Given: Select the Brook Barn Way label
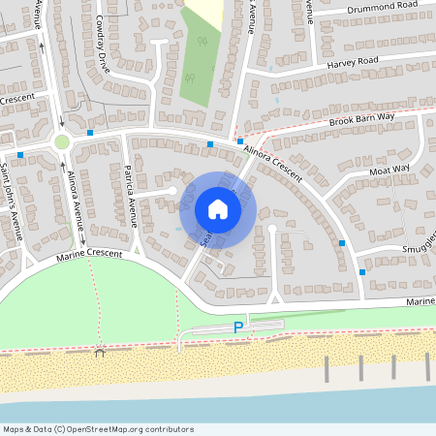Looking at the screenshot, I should tap(360, 118).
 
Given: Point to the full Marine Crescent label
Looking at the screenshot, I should tap(89, 254).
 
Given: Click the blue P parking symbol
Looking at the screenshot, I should tap(237, 328).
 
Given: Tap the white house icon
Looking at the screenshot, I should tap(218, 208).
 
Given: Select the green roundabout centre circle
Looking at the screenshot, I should tap(62, 141).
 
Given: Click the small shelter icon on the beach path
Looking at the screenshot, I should tap(99, 351).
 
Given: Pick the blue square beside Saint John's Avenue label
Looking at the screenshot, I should tap(19, 154).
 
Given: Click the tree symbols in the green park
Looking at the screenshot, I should tap(202, 42).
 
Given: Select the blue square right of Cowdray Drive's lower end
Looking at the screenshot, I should tap(90, 132).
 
